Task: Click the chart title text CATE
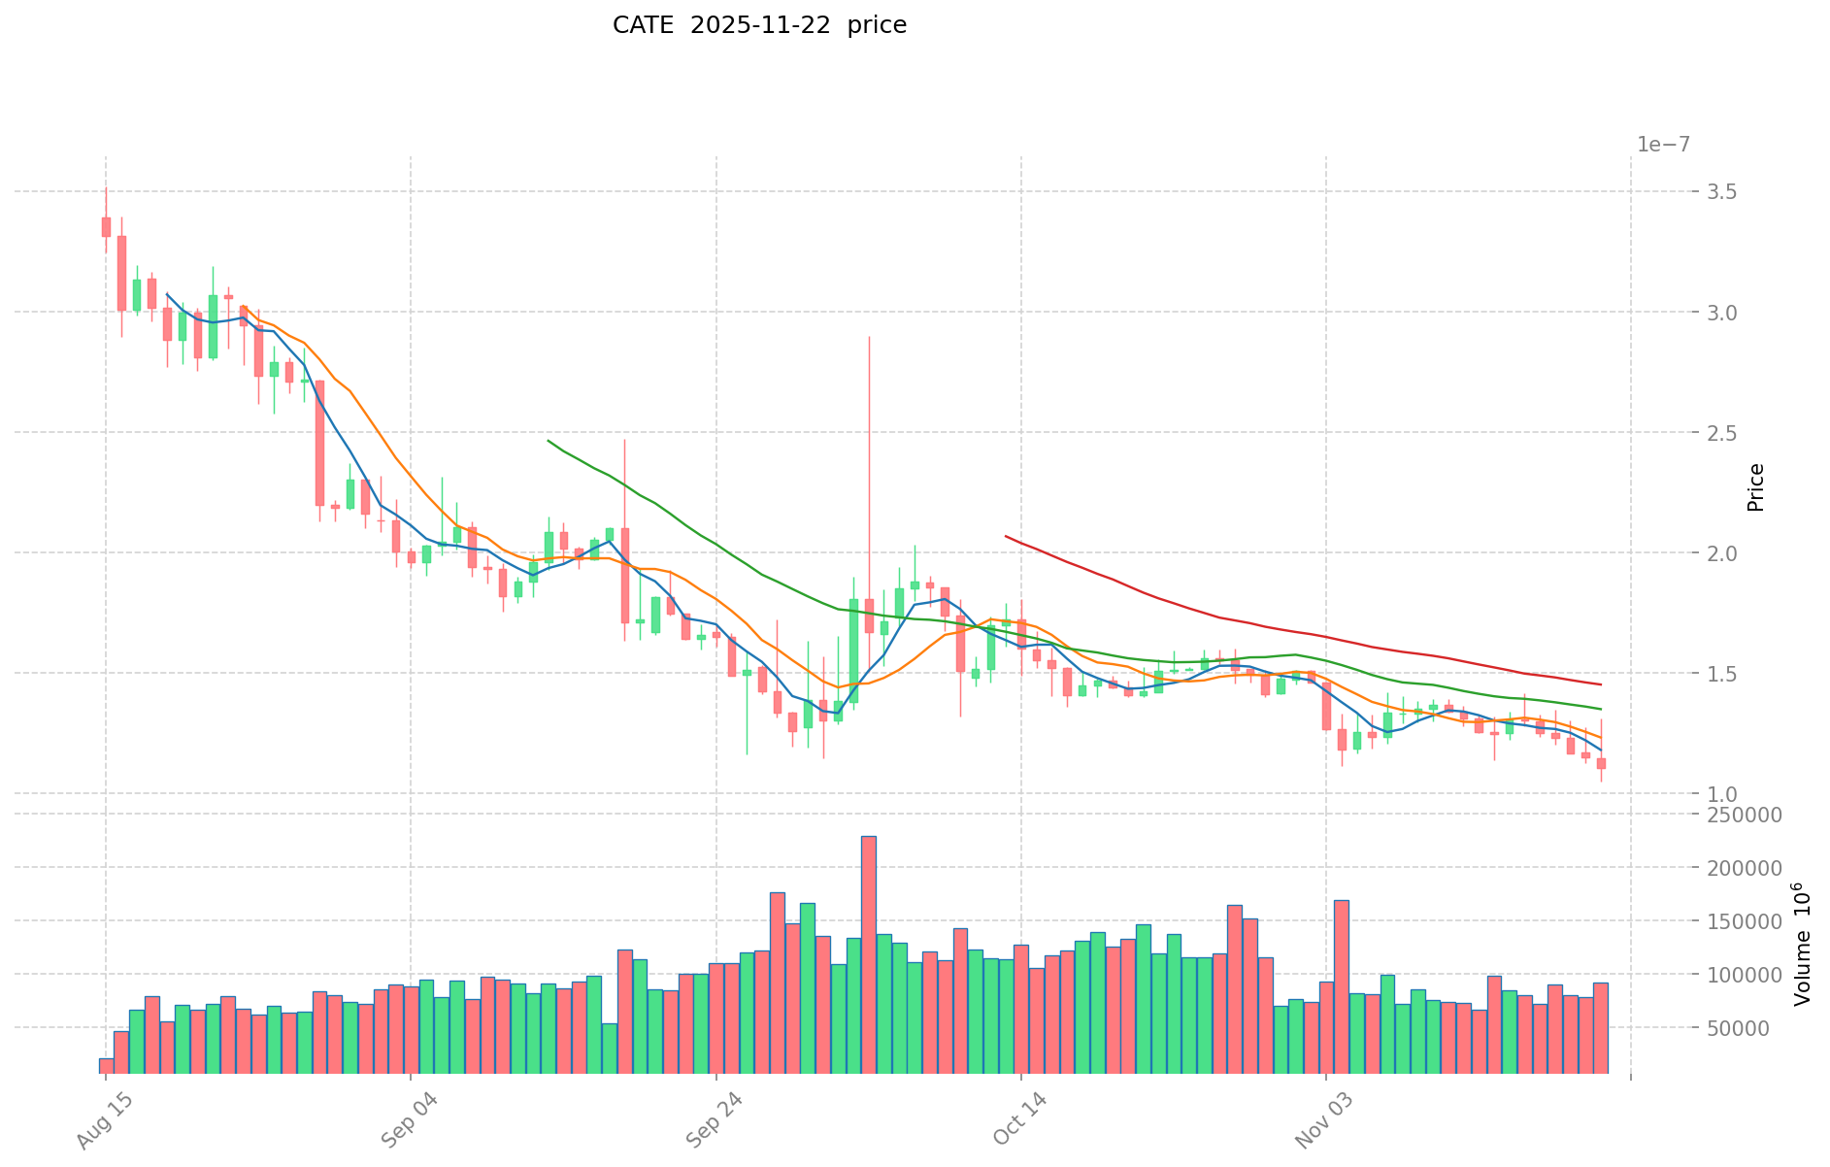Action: click(643, 25)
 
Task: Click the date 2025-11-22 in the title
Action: click(760, 25)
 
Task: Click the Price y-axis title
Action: click(1755, 487)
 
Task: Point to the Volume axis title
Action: click(1802, 944)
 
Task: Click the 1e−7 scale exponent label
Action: click(1663, 145)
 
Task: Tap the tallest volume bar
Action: click(869, 951)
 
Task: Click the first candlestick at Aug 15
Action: click(106, 226)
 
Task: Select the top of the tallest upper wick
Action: click(869, 337)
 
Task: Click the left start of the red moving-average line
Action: click(1006, 536)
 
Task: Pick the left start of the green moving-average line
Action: click(549, 441)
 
